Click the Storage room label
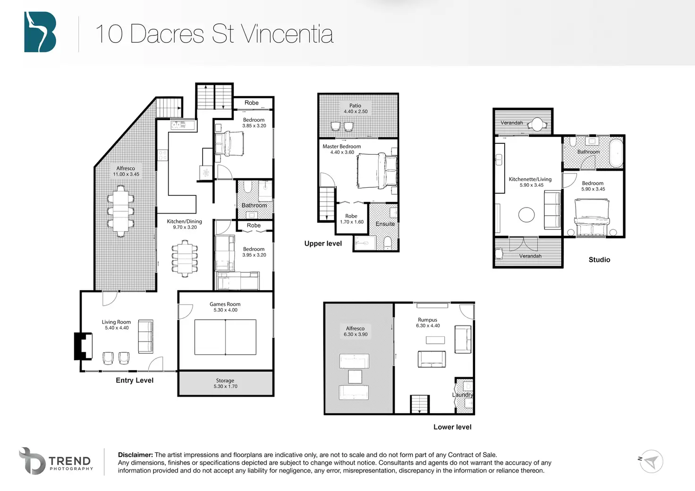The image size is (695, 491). coord(225,380)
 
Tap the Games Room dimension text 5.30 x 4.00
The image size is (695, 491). coord(225,310)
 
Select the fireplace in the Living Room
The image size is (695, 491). coord(83,346)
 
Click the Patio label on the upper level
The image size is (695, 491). coord(355,105)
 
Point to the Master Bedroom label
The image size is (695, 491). coord(342,146)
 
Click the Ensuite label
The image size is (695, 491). coord(385,224)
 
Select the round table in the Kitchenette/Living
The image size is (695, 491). coord(526,215)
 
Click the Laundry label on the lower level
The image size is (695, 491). coord(463,395)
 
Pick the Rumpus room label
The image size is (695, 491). coord(428,320)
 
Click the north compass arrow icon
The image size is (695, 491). coord(651,462)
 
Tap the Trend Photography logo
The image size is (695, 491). coord(55,461)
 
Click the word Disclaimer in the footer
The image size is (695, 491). coord(136,455)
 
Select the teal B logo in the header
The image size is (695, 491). coord(40,32)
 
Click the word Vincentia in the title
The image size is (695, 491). coord(287,34)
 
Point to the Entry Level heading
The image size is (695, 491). coord(135,380)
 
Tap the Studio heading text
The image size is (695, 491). coord(600,260)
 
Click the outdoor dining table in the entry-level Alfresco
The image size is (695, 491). coord(121,211)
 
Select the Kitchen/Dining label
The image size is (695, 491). coord(184,221)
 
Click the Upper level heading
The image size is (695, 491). coord(323,244)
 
